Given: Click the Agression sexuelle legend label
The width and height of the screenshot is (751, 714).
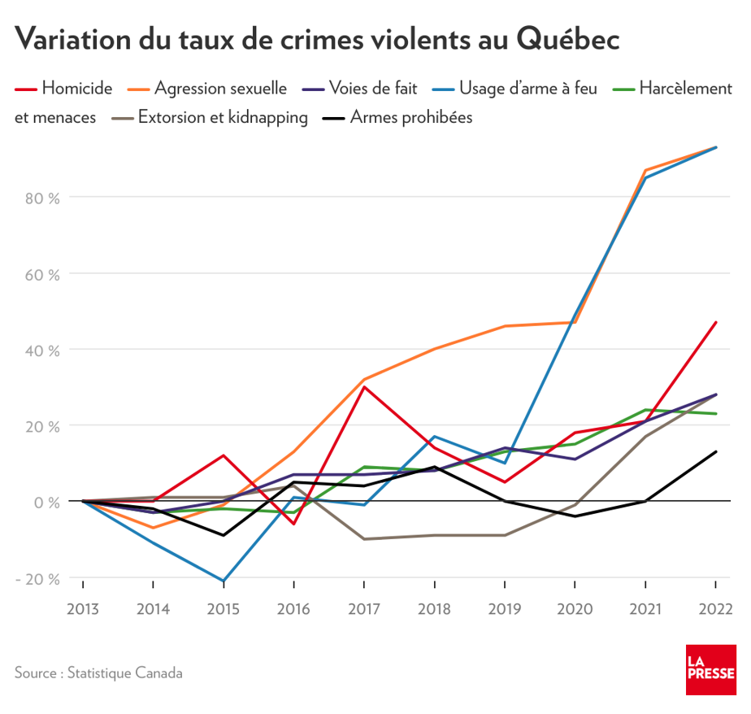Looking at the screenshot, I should [219, 87].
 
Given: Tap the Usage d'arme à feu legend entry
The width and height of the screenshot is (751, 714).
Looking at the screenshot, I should [527, 87].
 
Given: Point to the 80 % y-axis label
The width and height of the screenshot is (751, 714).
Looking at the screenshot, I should [43, 198].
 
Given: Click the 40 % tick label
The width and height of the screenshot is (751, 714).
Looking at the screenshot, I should [43, 350].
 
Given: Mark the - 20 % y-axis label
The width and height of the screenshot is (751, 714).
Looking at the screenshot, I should [39, 579].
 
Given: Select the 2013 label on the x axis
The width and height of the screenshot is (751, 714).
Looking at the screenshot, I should [83, 609].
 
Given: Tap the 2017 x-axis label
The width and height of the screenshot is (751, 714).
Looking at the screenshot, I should [364, 609].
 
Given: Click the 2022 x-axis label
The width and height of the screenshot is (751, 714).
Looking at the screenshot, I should [715, 609].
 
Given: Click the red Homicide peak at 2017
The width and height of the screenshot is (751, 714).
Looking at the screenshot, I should [364, 387].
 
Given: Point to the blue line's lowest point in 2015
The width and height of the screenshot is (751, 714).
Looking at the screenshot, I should [224, 581].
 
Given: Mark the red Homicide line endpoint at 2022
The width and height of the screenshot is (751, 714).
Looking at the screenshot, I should [715, 322].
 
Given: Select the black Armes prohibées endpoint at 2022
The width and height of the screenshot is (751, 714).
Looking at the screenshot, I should [715, 451].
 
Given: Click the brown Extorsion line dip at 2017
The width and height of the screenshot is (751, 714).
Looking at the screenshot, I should [364, 539].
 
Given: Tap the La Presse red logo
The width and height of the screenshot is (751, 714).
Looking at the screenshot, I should [710, 670].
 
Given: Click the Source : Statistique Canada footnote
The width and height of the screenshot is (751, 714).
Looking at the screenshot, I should [98, 673].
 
